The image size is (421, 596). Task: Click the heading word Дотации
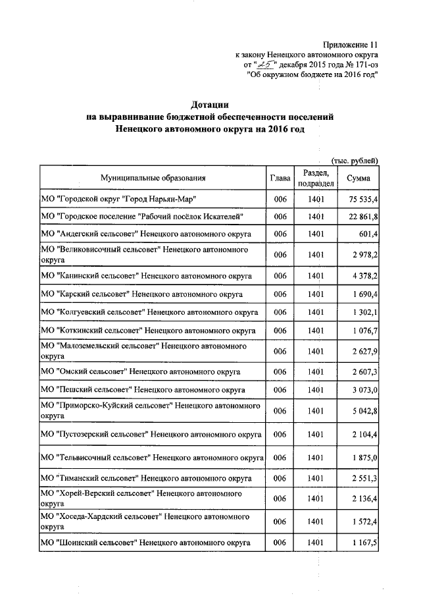[x=210, y=104]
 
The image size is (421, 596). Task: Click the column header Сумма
[x=358, y=178]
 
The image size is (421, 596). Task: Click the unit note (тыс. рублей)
[x=354, y=160]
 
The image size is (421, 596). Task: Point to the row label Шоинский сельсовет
[x=145, y=543]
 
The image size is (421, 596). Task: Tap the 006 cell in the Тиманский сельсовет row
[x=280, y=478]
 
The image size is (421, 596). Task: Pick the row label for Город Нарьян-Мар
[x=118, y=198]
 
